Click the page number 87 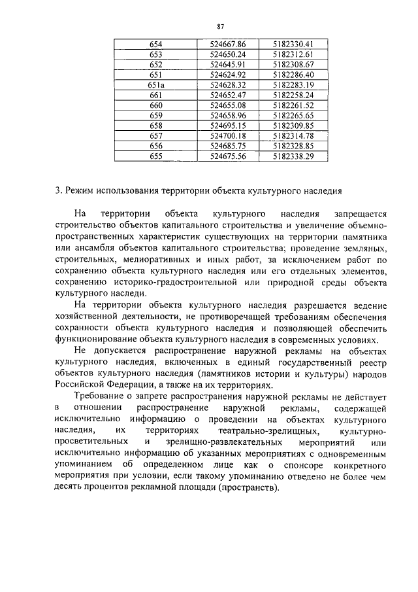tap(219, 26)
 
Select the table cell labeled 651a tap(156, 85)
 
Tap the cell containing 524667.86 tap(227, 44)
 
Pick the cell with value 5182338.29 tap(294, 157)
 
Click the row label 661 tap(156, 96)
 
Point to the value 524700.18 tap(227, 136)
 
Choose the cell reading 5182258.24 tap(294, 96)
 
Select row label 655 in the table tap(156, 157)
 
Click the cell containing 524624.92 tap(227, 75)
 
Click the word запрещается tap(361, 214)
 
